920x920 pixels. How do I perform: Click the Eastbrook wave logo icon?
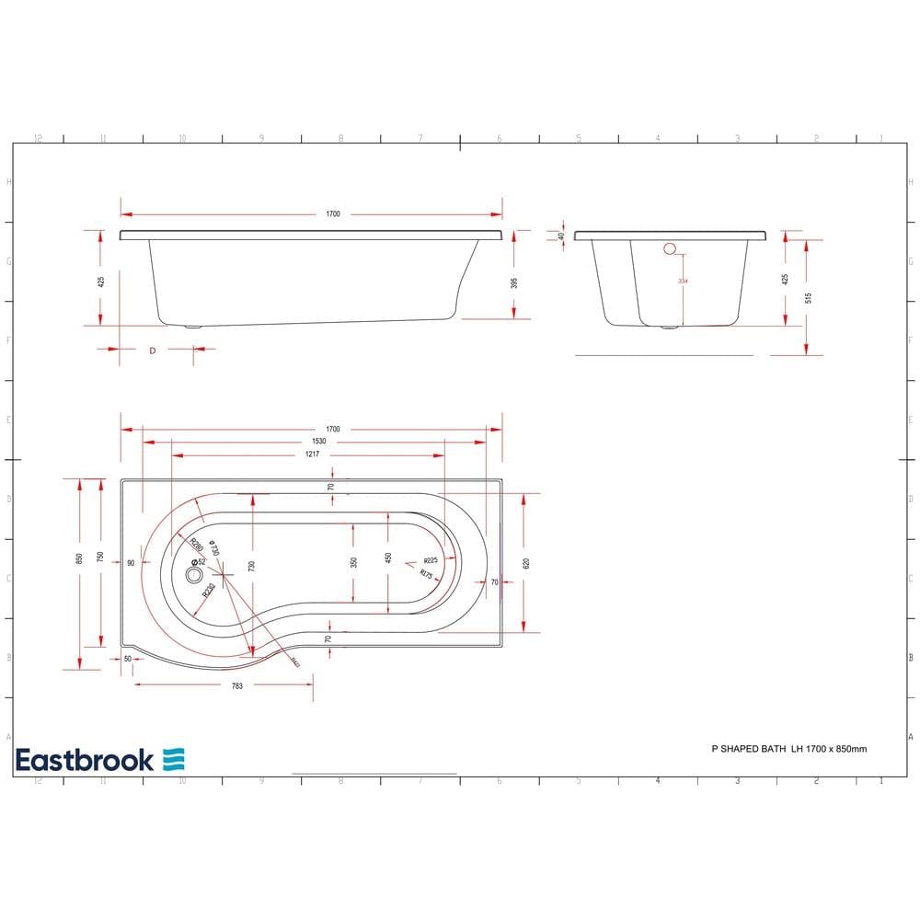[x=174, y=759]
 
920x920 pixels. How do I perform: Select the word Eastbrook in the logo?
[x=85, y=760]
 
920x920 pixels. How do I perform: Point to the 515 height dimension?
[x=808, y=297]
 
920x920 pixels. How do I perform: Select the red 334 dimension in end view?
[x=681, y=280]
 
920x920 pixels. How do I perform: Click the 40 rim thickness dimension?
[x=561, y=236]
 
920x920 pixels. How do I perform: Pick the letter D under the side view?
[x=152, y=350]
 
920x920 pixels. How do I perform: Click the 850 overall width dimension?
[x=80, y=558]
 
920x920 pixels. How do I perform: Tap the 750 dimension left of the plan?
[x=100, y=558]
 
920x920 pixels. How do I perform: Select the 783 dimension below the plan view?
[x=236, y=685]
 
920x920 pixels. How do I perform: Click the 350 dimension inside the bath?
[x=354, y=562]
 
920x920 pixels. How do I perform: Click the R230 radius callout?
[x=209, y=590]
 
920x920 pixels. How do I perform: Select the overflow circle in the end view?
[x=670, y=247]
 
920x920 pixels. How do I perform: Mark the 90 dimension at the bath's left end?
[x=132, y=562]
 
